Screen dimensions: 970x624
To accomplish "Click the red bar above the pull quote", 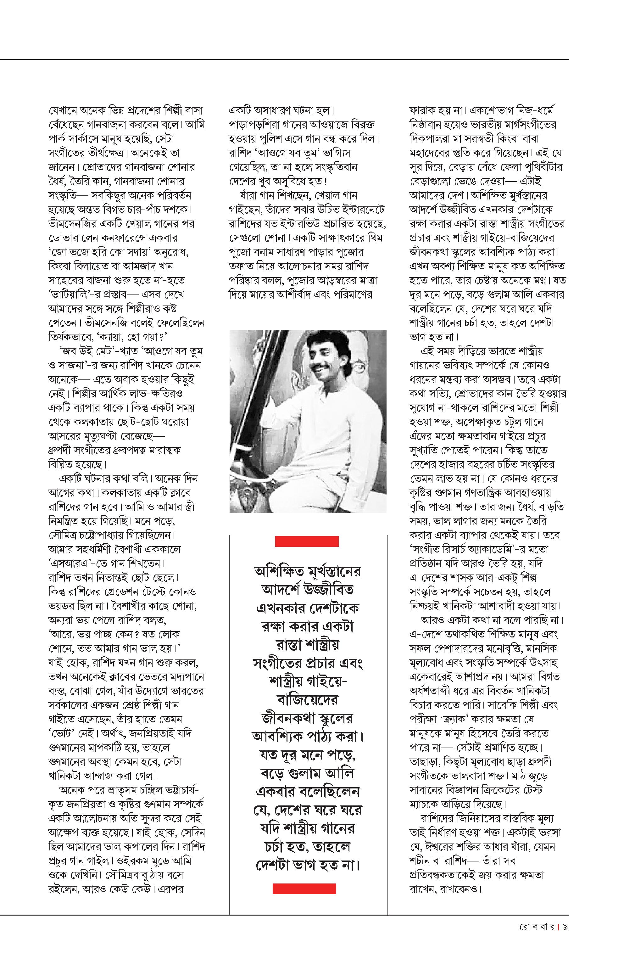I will coord(307,541).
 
